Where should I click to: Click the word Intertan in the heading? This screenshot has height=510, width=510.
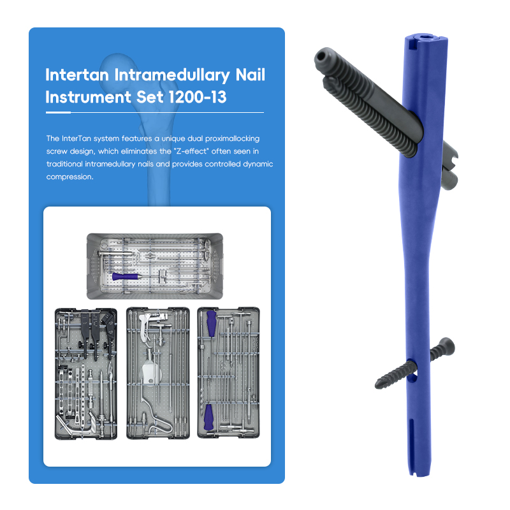(x=77, y=75)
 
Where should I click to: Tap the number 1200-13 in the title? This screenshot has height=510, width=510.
(x=198, y=97)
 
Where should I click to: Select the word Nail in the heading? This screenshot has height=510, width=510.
(x=250, y=75)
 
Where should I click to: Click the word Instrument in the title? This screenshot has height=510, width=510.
(x=88, y=97)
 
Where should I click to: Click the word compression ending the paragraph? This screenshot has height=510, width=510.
(x=69, y=177)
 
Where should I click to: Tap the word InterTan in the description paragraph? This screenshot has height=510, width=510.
(x=76, y=138)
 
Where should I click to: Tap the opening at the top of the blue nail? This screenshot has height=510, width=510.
(x=424, y=37)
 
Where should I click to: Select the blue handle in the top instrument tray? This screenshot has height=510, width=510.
(x=125, y=277)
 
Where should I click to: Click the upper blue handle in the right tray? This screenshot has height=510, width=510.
(x=211, y=323)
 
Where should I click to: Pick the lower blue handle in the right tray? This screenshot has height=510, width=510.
(x=208, y=417)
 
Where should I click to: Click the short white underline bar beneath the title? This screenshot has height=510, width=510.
(x=58, y=113)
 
